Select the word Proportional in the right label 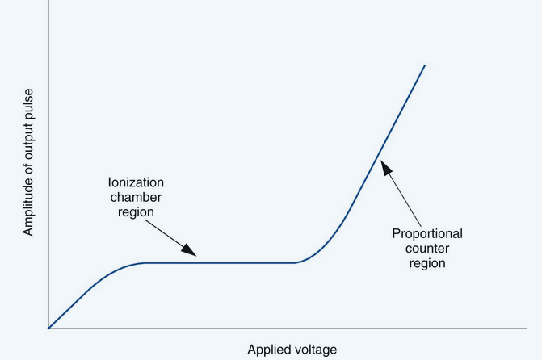tap(427, 234)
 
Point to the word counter tap(427, 248)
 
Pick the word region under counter tap(427, 262)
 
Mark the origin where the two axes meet tap(48, 329)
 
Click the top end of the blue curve tap(425, 65)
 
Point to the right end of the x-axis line tap(527, 329)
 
